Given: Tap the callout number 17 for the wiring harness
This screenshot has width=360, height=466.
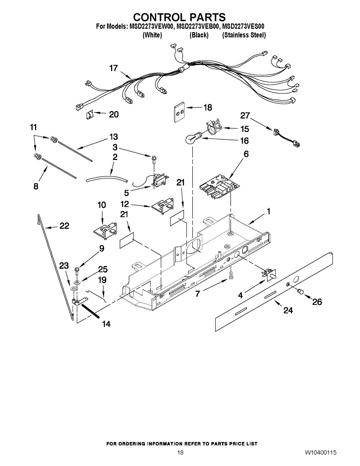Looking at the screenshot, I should (113, 68).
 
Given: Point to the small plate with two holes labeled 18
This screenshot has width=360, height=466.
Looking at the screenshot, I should (179, 112).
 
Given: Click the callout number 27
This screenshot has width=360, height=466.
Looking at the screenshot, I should (245, 115).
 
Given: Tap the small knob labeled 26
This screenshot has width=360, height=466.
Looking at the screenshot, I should (300, 292).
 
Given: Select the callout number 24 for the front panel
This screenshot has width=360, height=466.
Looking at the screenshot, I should (288, 310).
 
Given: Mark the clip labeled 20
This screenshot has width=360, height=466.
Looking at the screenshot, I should (89, 115).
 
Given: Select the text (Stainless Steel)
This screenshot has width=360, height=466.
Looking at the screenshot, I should (244, 35).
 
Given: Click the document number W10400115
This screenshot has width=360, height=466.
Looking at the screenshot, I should (320, 453).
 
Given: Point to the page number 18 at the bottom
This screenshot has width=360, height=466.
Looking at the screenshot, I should (180, 453).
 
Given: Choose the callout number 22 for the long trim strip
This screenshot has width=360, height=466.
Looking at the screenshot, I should (64, 226).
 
